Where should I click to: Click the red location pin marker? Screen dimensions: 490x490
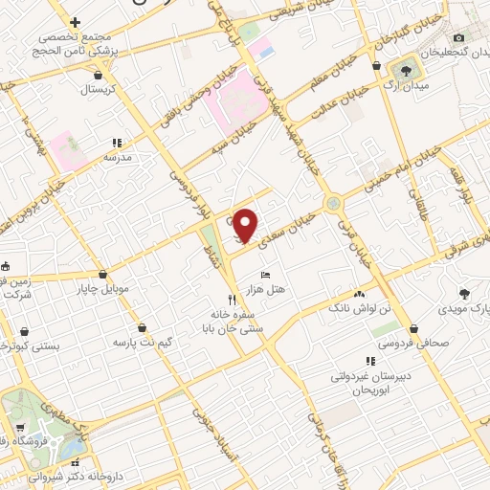pyautogui.click(x=245, y=226)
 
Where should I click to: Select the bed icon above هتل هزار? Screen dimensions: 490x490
pyautogui.click(x=265, y=275)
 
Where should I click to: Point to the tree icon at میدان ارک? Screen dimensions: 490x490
pyautogui.click(x=408, y=69)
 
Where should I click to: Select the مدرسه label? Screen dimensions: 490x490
pyautogui.click(x=117, y=156)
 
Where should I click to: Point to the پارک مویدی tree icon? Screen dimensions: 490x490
pyautogui.click(x=466, y=294)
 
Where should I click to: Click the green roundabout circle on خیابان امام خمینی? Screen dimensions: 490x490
pyautogui.click(x=332, y=203)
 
